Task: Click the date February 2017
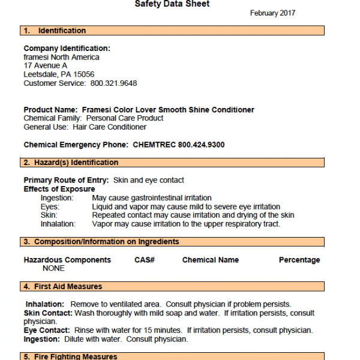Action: point(272,13)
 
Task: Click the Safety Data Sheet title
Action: point(172,4)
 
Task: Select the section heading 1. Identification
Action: point(55,31)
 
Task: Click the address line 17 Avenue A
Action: point(46,66)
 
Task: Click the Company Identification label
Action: point(67,49)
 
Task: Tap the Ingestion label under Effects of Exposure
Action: point(57,198)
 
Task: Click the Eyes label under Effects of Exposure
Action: point(50,207)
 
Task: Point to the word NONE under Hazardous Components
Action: point(53,269)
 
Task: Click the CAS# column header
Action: point(145,260)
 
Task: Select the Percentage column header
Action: point(299,260)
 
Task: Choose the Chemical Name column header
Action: point(211,260)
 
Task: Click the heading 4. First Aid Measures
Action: point(63,287)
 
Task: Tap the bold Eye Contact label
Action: point(46,331)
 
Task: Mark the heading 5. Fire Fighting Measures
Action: point(70,357)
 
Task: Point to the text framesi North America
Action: point(61,58)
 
